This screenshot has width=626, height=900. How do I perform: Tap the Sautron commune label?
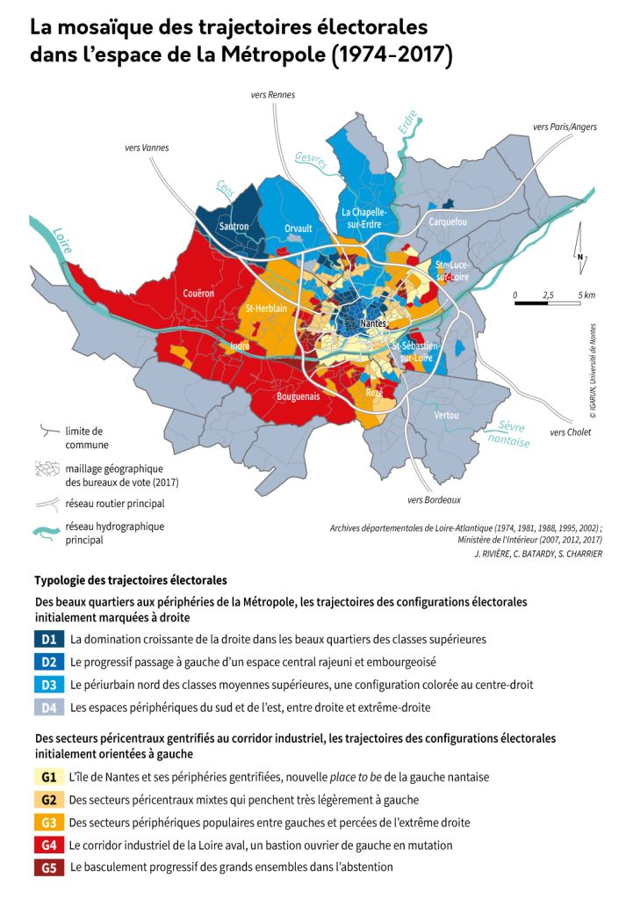(234, 226)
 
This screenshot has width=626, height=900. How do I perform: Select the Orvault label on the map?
(299, 228)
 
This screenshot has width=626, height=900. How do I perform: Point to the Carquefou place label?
(448, 222)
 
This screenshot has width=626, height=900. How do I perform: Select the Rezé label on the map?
(374, 393)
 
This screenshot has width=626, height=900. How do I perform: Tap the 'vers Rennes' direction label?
(273, 95)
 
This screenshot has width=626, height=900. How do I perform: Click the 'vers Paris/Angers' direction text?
(565, 127)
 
